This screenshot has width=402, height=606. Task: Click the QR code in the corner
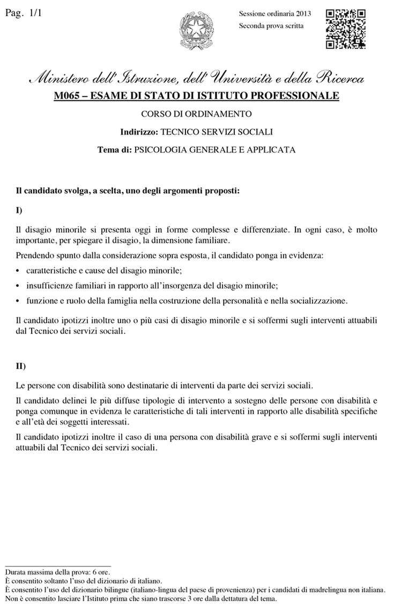[346, 28]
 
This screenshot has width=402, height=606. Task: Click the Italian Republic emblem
[196, 29]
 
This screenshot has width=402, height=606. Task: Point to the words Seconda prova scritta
[271, 25]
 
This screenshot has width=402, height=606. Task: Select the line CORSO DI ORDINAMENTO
[196, 113]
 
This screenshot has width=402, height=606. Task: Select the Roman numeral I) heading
[19, 209]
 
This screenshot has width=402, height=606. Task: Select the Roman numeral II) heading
[21, 366]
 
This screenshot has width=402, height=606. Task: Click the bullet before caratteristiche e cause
[19, 271]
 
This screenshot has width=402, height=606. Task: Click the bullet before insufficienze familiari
[19, 286]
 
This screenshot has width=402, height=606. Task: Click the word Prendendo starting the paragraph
[34, 256]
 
